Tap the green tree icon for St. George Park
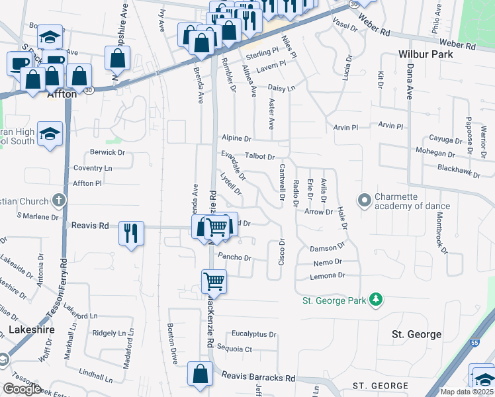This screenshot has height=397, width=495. [376, 300]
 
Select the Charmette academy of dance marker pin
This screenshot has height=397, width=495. [363, 199]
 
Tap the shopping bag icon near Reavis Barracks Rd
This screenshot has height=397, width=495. [200, 375]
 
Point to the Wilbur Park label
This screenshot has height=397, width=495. [426, 54]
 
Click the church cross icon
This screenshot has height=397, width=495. [59, 200]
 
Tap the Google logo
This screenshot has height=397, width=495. [22, 389]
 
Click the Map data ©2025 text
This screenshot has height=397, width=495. [467, 392]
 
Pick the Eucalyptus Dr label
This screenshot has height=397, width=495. [253, 334]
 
